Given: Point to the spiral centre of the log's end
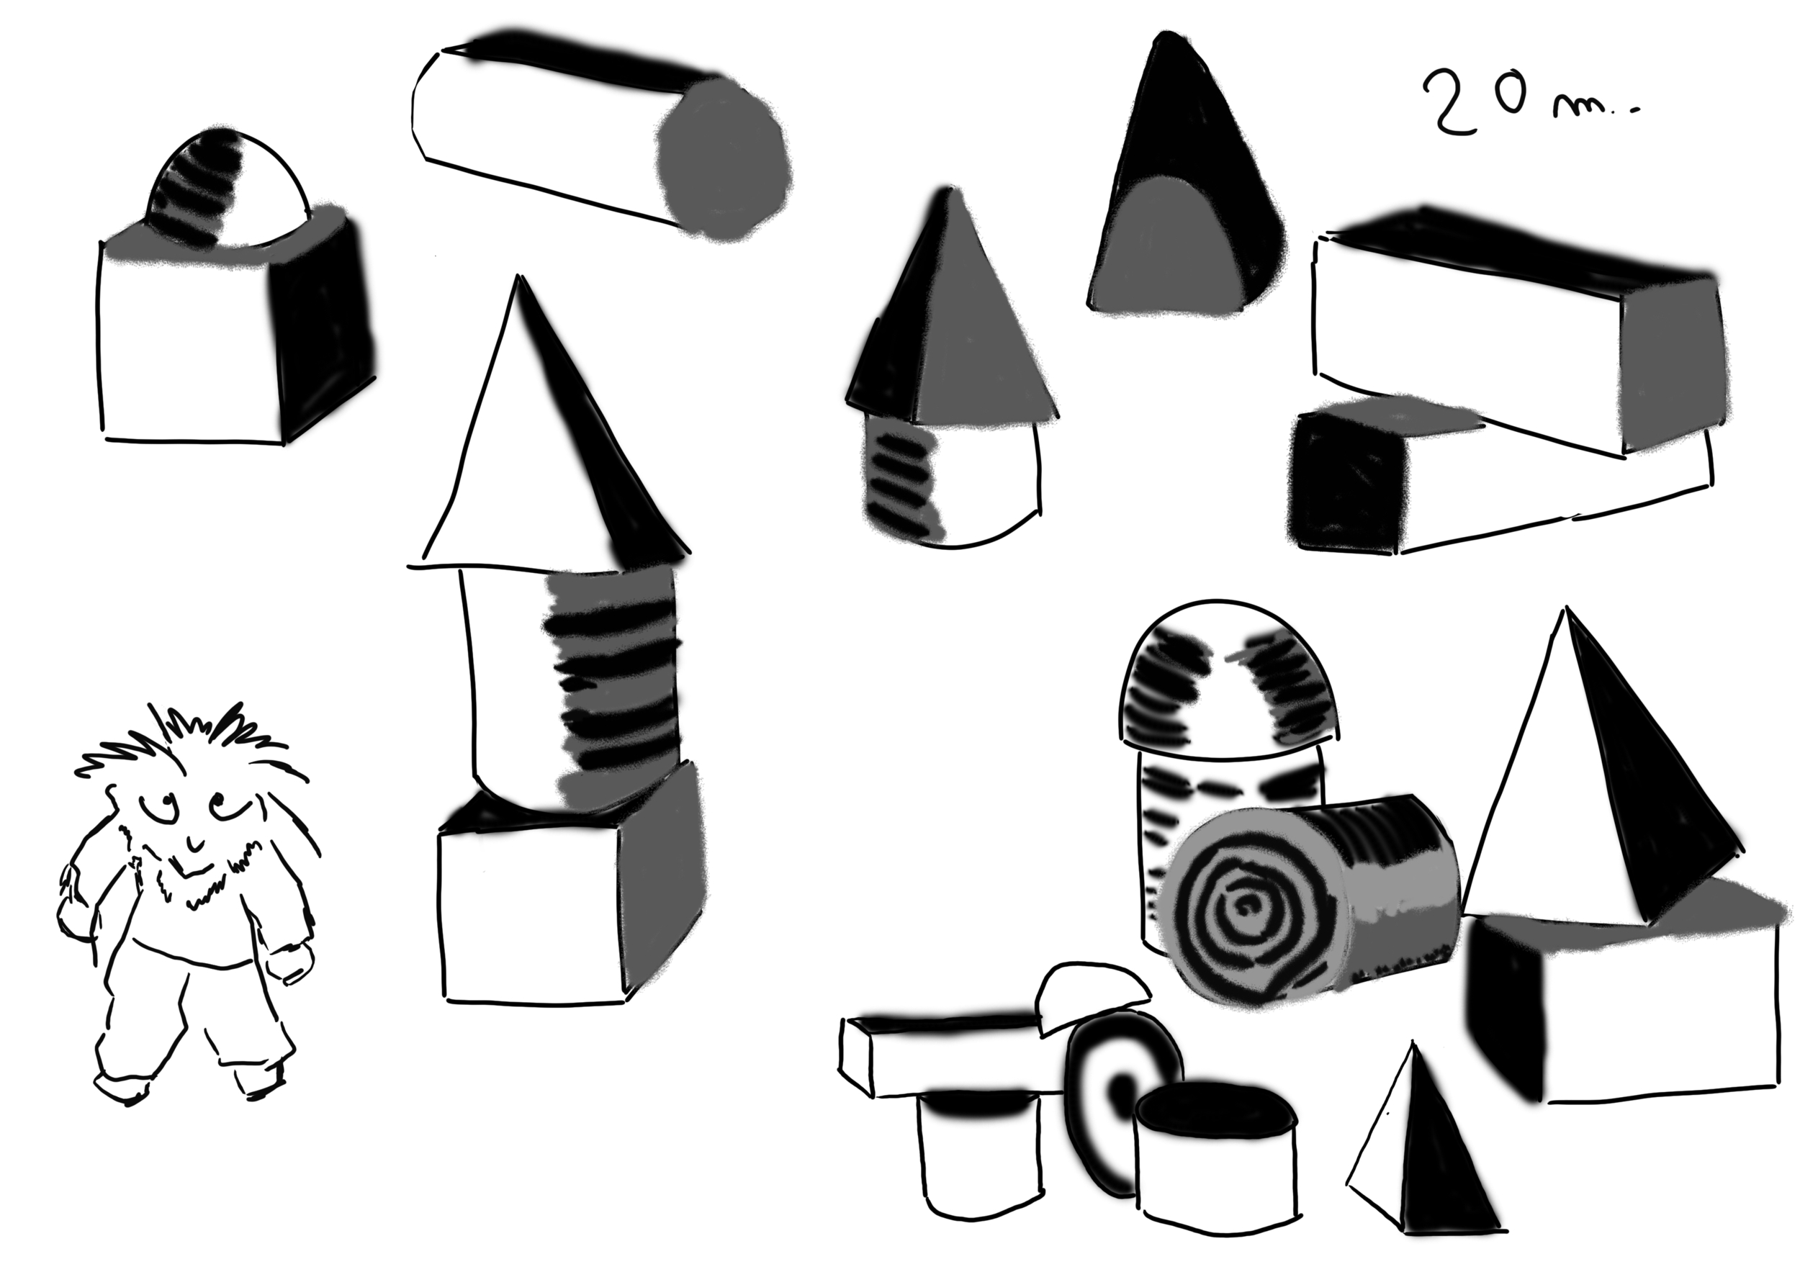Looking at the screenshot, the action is [x=1243, y=910].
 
